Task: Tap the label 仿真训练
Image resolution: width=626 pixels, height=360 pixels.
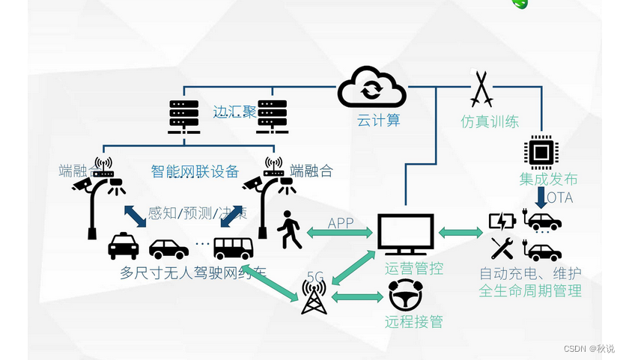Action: (x=490, y=121)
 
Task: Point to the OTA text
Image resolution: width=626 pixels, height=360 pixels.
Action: (x=558, y=198)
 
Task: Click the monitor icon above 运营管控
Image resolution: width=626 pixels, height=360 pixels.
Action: (x=405, y=235)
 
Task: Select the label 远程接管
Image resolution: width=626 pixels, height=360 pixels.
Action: (x=414, y=322)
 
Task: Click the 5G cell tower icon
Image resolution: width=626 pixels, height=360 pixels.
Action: (x=314, y=296)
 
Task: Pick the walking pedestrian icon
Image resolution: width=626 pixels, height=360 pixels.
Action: (x=290, y=231)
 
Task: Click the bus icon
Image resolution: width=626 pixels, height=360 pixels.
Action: (x=234, y=248)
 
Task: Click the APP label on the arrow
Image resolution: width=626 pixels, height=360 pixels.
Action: (x=341, y=223)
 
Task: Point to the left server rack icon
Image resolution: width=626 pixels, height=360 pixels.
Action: (x=183, y=117)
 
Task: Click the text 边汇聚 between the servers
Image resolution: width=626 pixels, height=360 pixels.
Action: (x=234, y=112)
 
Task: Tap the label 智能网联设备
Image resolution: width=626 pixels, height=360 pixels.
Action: (x=196, y=171)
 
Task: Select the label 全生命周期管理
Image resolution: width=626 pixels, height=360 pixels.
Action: (x=530, y=289)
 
